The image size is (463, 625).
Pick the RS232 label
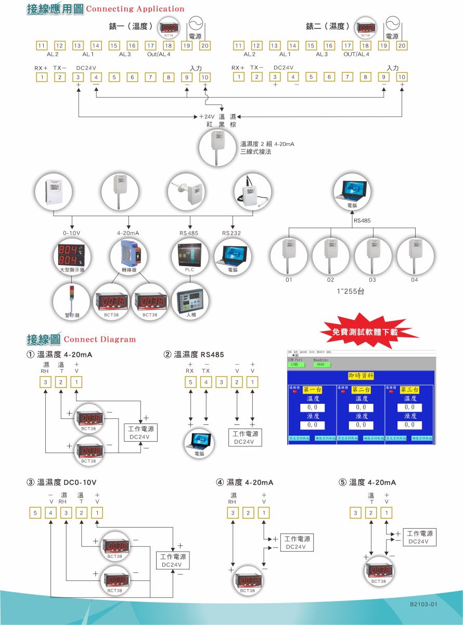(231, 233)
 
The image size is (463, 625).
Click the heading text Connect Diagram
(99, 340)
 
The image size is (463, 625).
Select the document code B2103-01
(423, 604)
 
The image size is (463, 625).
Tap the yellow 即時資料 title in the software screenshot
(361, 376)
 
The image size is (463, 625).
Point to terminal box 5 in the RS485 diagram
(190, 383)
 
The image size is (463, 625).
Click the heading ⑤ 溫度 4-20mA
(367, 483)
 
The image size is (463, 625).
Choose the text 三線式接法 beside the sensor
(255, 152)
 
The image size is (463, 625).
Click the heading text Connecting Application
(135, 9)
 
